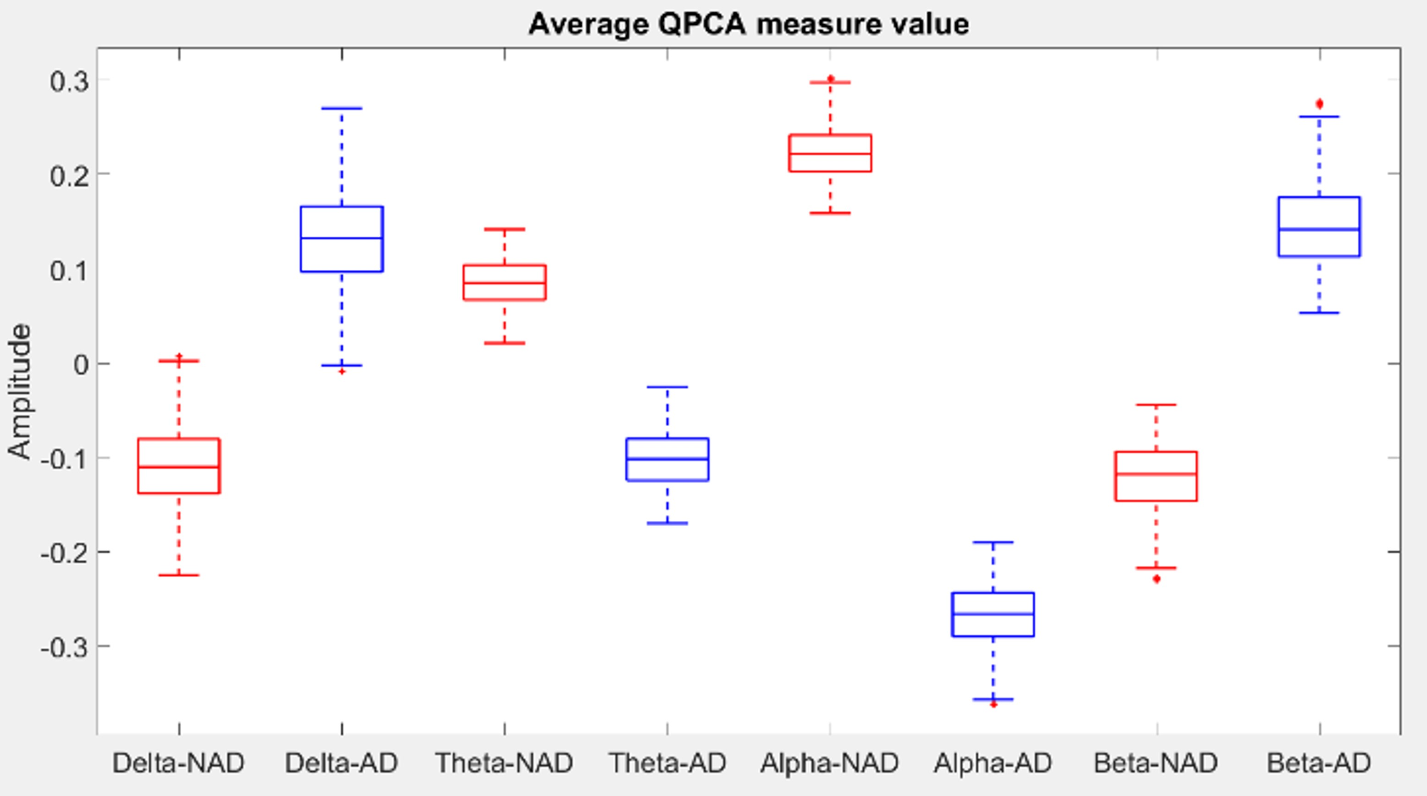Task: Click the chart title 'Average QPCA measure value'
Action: click(x=749, y=24)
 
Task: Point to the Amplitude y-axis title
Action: click(x=20, y=391)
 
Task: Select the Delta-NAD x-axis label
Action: click(x=178, y=763)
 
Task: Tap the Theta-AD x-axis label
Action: click(x=667, y=763)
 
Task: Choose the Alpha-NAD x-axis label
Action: click(x=829, y=763)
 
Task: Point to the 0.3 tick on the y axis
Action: click(x=69, y=81)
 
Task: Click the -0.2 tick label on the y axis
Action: click(x=64, y=552)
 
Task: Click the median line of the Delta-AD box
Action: click(x=342, y=238)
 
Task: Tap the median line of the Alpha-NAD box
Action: click(x=830, y=153)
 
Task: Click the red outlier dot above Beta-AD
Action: click(x=1319, y=104)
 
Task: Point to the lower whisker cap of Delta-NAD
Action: click(x=178, y=575)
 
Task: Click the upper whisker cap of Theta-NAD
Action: click(x=504, y=229)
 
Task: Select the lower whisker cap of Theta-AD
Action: click(x=667, y=523)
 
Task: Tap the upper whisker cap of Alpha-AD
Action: click(x=993, y=542)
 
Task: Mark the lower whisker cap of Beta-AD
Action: click(x=1319, y=313)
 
